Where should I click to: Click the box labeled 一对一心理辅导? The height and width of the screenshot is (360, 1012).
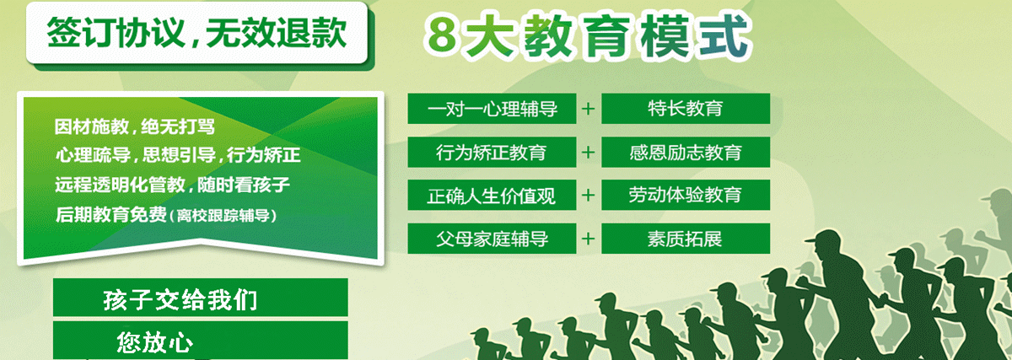pyautogui.click(x=492, y=109)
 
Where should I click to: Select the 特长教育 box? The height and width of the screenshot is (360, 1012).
pyautogui.click(x=686, y=109)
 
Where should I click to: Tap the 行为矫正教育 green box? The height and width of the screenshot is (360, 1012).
pyautogui.click(x=492, y=153)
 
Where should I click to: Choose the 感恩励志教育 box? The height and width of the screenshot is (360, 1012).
pyautogui.click(x=686, y=153)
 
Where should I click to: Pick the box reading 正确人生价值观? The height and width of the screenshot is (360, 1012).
pyautogui.click(x=492, y=195)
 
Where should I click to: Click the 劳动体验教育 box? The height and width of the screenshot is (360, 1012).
pyautogui.click(x=686, y=195)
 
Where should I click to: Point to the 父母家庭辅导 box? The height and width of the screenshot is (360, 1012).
pyautogui.click(x=492, y=239)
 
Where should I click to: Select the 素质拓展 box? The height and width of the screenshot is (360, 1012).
pyautogui.click(x=686, y=239)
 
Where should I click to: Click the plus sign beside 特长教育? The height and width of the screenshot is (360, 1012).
pyautogui.click(x=589, y=109)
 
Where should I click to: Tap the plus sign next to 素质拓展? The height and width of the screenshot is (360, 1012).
pyautogui.click(x=589, y=239)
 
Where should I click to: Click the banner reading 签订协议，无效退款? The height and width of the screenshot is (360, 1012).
pyautogui.click(x=196, y=33)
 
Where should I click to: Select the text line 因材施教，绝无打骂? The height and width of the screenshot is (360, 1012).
pyautogui.click(x=135, y=127)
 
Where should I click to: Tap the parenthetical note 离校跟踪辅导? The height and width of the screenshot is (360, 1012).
pyautogui.click(x=223, y=216)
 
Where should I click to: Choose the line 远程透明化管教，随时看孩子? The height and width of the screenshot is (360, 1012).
pyautogui.click(x=172, y=185)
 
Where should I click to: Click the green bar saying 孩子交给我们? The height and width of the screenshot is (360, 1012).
pyautogui.click(x=200, y=298)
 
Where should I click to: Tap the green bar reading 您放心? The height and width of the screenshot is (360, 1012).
pyautogui.click(x=200, y=340)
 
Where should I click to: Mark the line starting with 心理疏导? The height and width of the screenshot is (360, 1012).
pyautogui.click(x=178, y=155)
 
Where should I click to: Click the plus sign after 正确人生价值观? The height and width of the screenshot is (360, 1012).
pyautogui.click(x=589, y=195)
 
